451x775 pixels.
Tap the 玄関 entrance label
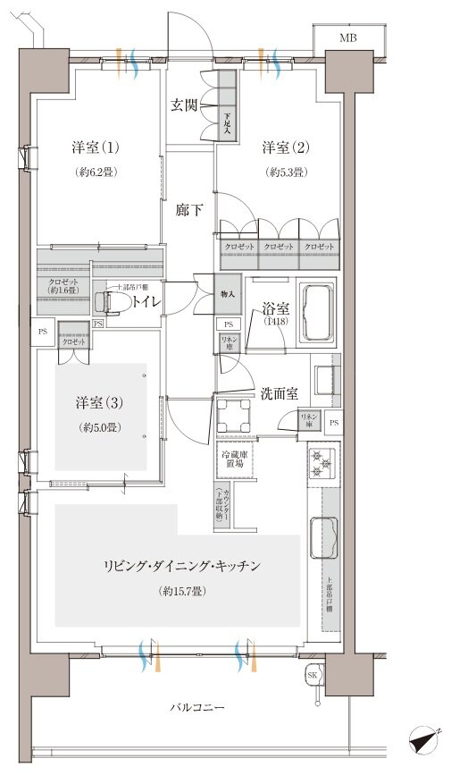[186, 105]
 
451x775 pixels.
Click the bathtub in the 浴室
[317, 314]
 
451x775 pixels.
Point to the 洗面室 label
[279, 392]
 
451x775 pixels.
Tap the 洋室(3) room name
[96, 402]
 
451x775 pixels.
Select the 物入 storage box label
[228, 293]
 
